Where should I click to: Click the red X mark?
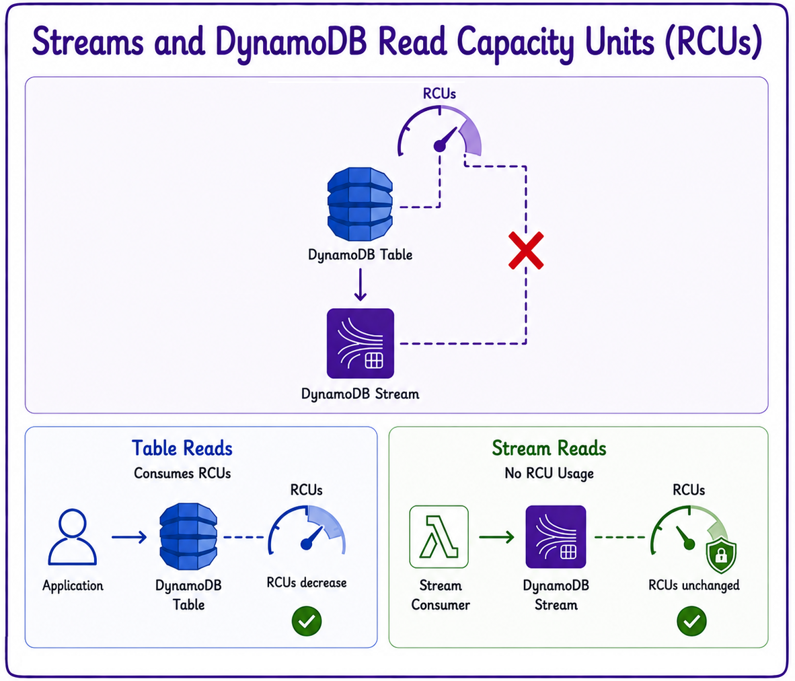[526, 250]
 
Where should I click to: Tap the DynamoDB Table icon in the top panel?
[360, 204]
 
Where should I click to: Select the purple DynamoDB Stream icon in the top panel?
[361, 344]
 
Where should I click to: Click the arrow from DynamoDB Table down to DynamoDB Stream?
[361, 285]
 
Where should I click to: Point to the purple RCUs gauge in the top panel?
[439, 131]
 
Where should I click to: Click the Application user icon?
[73, 537]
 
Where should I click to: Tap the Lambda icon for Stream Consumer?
[439, 537]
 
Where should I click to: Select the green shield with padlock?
[721, 556]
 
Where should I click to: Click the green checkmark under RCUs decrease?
[307, 621]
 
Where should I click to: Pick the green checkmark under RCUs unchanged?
[691, 621]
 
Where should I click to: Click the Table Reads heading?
[182, 449]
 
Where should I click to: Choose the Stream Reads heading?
[549, 449]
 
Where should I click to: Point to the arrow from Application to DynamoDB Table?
[129, 537]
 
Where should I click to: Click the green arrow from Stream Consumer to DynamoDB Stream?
[497, 537]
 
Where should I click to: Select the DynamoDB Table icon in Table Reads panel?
[188, 536]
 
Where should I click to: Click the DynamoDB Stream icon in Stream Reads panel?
[556, 537]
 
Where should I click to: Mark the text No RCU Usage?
[549, 474]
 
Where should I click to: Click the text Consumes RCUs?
[182, 474]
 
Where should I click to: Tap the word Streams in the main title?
[87, 42]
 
